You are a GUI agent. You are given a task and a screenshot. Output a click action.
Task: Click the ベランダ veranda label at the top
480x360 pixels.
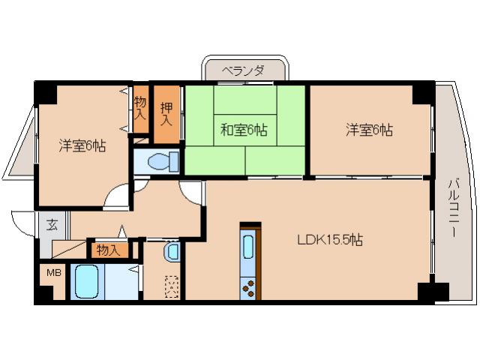[x=244, y=70]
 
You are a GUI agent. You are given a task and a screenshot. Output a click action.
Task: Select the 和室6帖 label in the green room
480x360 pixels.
[x=244, y=130]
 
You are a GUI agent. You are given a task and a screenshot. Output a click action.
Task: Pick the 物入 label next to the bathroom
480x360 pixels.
[x=109, y=250]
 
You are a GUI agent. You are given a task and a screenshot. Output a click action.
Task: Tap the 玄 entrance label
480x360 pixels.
[x=52, y=224]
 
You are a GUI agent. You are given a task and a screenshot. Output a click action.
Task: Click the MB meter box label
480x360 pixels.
[x=55, y=272]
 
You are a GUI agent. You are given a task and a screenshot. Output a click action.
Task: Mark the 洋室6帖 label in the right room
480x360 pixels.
[x=369, y=130]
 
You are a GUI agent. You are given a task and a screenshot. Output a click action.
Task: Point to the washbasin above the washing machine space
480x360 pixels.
[x=172, y=252]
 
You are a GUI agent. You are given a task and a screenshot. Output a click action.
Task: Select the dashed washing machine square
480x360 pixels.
[x=172, y=286]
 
